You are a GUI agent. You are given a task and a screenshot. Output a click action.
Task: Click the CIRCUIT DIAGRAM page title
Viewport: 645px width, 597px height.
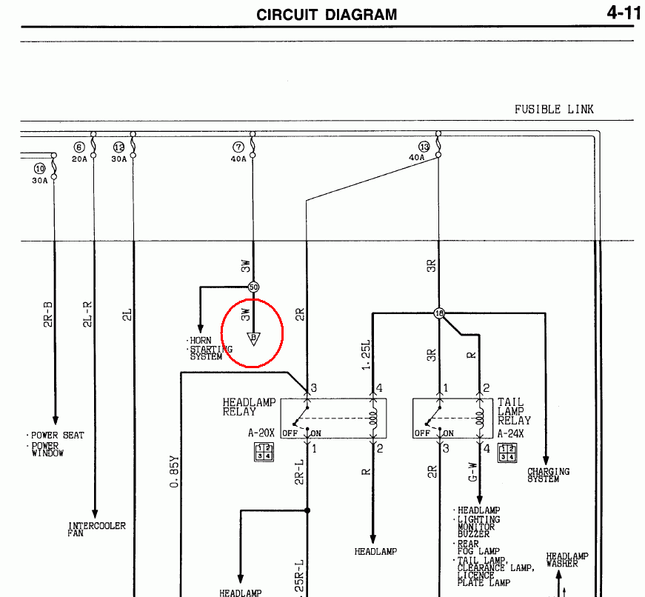click(327, 15)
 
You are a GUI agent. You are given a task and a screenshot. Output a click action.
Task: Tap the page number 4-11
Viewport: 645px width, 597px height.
click(624, 13)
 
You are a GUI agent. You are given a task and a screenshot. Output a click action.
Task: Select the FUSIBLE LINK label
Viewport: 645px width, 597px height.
click(554, 110)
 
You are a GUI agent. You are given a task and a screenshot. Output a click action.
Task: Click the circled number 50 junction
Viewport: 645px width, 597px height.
click(253, 287)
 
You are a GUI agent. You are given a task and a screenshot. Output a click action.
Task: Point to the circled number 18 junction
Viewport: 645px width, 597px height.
click(439, 313)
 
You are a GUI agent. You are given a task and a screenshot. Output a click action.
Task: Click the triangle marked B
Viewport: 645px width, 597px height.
click(253, 338)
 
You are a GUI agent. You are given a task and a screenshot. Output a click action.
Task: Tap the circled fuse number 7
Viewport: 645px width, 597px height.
click(238, 147)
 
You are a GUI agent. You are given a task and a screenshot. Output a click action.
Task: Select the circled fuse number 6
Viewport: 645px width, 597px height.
click(79, 147)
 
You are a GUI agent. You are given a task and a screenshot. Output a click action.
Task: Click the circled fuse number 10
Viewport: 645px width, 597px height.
click(39, 169)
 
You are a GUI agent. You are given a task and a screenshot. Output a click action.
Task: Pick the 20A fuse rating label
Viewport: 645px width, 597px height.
click(79, 159)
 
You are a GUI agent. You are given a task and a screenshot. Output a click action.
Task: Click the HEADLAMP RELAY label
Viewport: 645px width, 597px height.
click(249, 407)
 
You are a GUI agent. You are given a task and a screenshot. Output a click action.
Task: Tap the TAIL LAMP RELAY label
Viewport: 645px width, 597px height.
click(514, 411)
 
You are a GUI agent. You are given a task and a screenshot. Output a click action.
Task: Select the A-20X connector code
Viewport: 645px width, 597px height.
click(261, 433)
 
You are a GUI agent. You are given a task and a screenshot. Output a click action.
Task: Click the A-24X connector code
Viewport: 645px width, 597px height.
click(510, 433)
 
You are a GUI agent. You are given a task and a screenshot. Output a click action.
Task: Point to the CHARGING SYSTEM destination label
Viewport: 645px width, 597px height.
click(548, 475)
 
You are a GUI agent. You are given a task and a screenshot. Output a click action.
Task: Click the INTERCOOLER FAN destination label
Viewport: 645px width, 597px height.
click(97, 529)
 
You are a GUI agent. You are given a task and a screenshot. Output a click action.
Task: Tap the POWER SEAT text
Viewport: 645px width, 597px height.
click(58, 436)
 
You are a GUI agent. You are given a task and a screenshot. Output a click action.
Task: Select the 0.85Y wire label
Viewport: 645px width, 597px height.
click(175, 472)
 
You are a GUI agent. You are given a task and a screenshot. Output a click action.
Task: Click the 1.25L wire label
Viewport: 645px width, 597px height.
click(366, 355)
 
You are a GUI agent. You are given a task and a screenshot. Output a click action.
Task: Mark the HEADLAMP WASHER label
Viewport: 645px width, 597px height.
click(567, 560)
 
